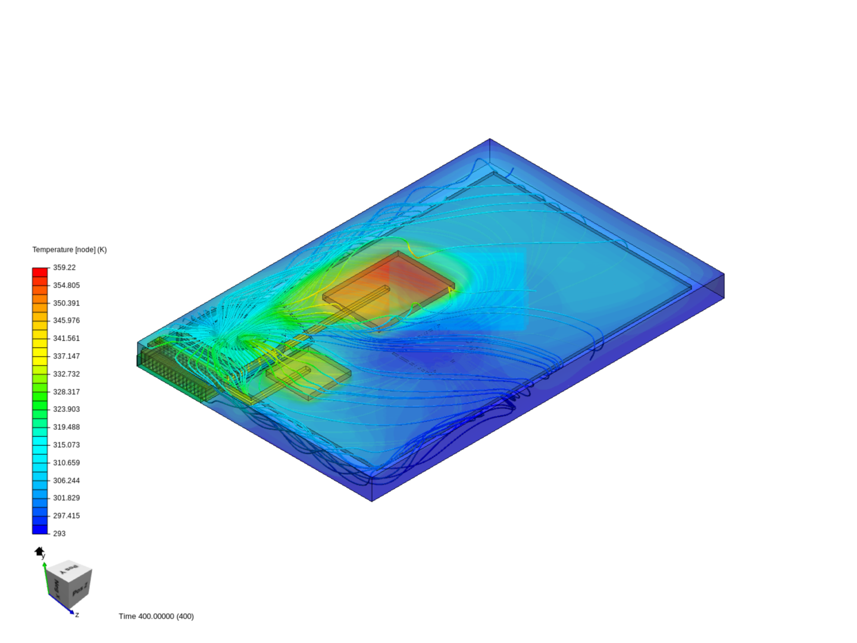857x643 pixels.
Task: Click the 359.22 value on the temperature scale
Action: click(x=64, y=267)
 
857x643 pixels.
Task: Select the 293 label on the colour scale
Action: click(x=59, y=533)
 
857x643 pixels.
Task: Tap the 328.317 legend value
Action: click(x=66, y=392)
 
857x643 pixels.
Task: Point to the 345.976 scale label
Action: click(x=66, y=320)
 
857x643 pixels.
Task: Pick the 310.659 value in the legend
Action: click(x=66, y=463)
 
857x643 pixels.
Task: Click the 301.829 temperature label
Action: click(x=66, y=498)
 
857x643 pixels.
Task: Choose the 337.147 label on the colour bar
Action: click(x=66, y=356)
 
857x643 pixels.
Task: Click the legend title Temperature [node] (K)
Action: click(x=69, y=249)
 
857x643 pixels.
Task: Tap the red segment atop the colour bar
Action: click(x=40, y=272)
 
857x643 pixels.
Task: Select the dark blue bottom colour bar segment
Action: click(x=40, y=529)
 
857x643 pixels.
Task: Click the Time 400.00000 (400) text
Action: click(x=156, y=616)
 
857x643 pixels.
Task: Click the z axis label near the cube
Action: click(x=77, y=614)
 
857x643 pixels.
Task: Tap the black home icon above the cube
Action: click(x=39, y=552)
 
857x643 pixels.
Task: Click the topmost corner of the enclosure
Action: click(x=490, y=139)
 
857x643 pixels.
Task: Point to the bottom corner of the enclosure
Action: click(x=372, y=501)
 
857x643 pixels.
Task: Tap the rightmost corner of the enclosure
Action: click(x=724, y=275)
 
